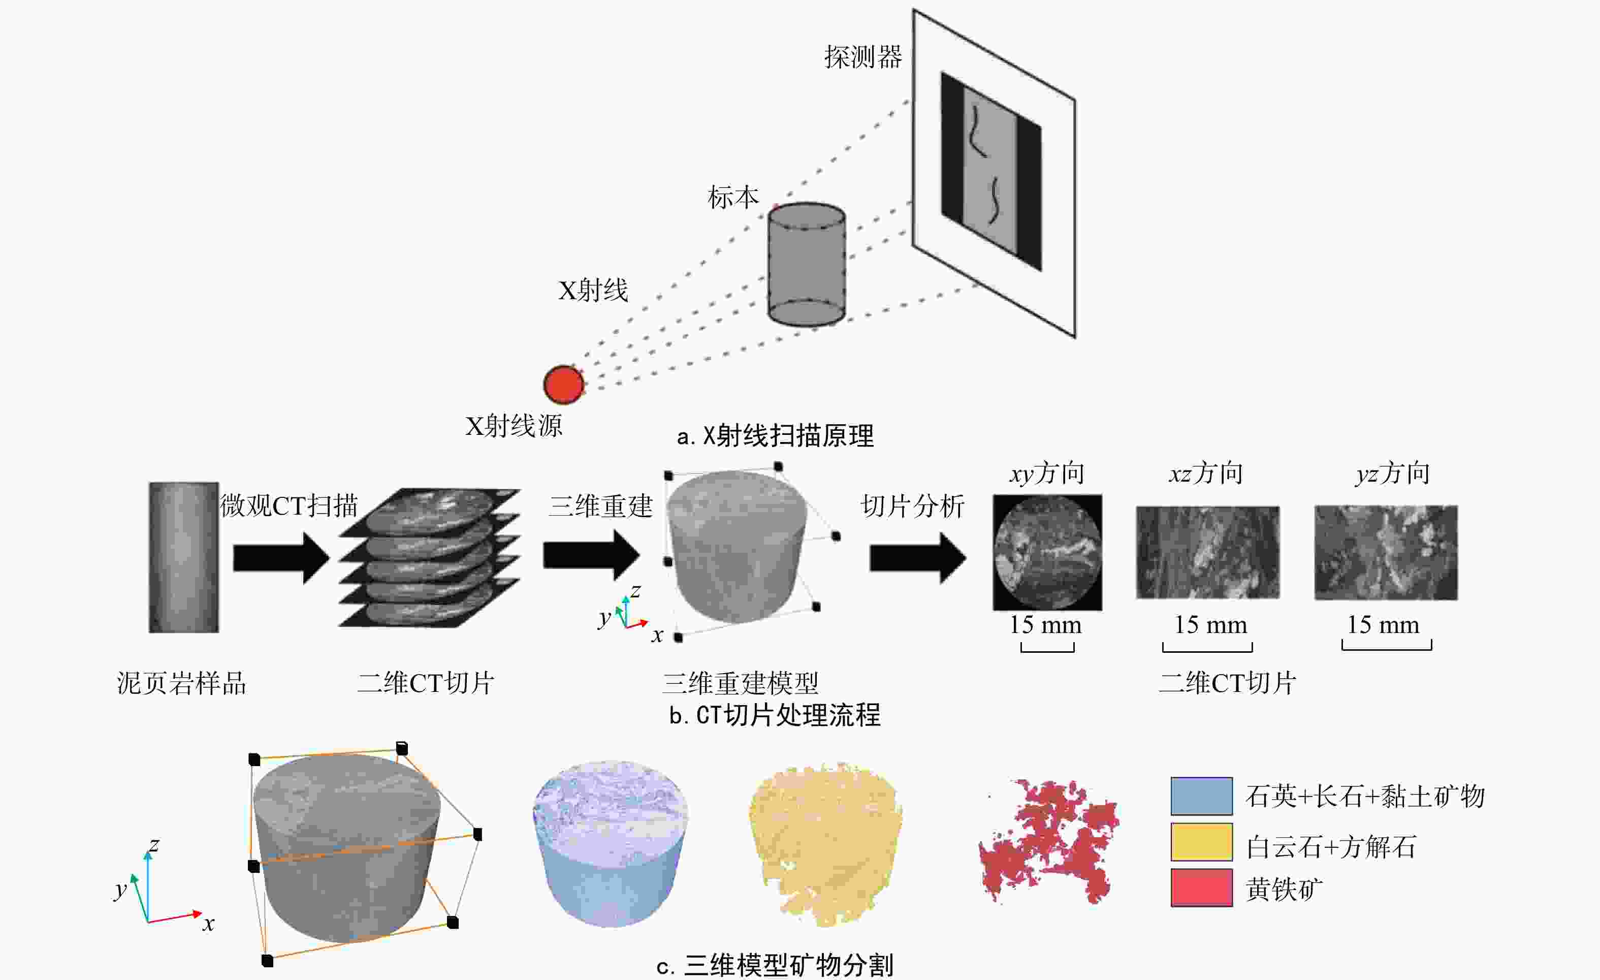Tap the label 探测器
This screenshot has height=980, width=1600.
click(x=863, y=57)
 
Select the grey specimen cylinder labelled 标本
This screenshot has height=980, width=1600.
click(x=807, y=264)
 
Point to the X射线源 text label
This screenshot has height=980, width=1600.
click(x=514, y=426)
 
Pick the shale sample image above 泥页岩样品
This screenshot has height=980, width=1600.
click(x=184, y=557)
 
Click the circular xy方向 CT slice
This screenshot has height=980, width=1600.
click(x=1047, y=553)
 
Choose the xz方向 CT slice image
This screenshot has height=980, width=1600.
click(x=1208, y=553)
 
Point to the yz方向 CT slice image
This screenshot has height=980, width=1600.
click(x=1386, y=553)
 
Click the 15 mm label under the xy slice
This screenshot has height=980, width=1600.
click(x=1045, y=625)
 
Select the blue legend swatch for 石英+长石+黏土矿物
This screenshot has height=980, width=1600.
click(x=1202, y=796)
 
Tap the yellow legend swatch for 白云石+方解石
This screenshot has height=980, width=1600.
click(x=1202, y=842)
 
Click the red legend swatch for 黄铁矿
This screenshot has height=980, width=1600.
click(x=1202, y=887)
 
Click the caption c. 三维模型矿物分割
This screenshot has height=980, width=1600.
click(x=775, y=965)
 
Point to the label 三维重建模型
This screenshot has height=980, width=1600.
click(x=740, y=683)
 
